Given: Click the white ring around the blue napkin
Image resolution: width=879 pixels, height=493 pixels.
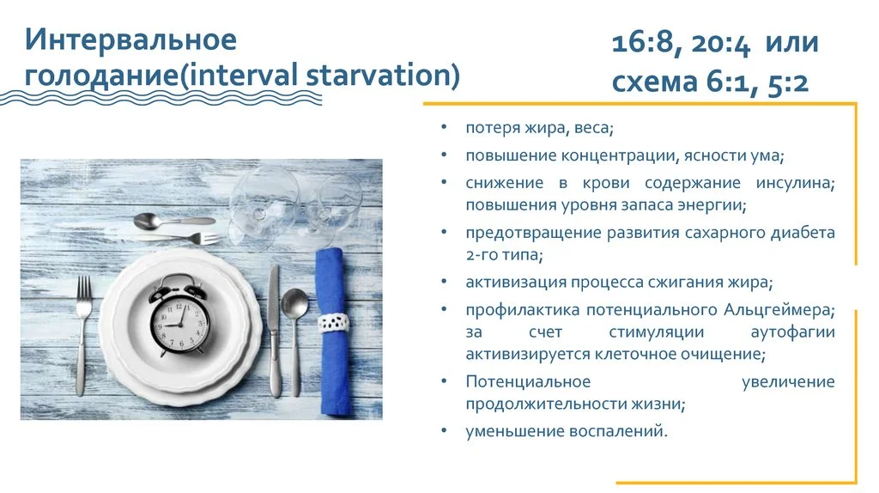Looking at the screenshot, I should (x=333, y=323).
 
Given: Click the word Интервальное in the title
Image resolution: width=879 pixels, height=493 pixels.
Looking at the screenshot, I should (x=130, y=40).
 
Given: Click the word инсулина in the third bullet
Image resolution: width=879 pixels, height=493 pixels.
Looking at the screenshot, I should (x=795, y=183).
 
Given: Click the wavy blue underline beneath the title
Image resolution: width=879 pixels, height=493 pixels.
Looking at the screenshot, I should (x=172, y=97).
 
